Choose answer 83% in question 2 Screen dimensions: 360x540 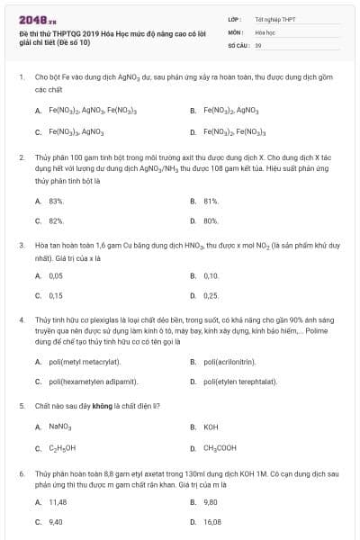(x=56, y=201)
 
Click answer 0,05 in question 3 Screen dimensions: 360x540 (x=56, y=275)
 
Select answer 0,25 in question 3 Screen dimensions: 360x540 (x=211, y=295)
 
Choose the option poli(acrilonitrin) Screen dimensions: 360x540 (x=237, y=362)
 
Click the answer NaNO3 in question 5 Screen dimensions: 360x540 (x=59, y=427)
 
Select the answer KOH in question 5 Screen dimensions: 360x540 (x=211, y=427)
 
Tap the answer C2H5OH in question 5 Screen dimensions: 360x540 (x=62, y=447)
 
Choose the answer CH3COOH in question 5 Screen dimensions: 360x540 (x=220, y=447)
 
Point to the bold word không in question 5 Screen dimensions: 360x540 (x=117, y=406)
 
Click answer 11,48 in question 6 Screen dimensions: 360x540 (x=58, y=501)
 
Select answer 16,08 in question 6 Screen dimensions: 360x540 (x=212, y=521)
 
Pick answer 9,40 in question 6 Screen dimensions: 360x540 (x=56, y=521)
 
